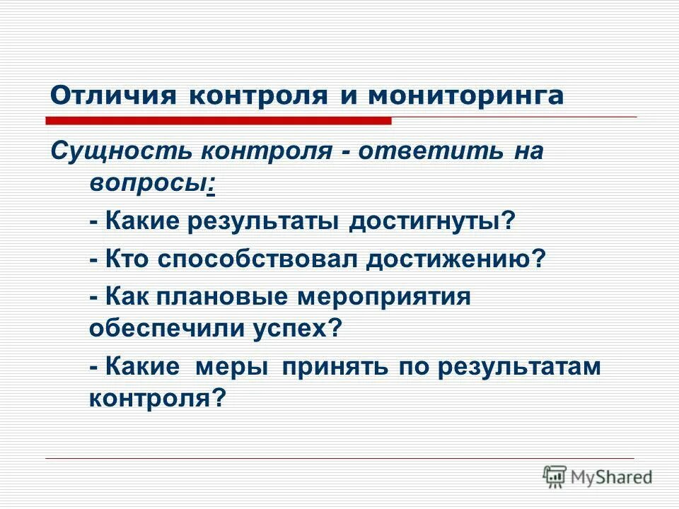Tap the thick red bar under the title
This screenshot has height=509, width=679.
click(220, 121)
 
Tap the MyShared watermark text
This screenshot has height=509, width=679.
click(611, 476)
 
